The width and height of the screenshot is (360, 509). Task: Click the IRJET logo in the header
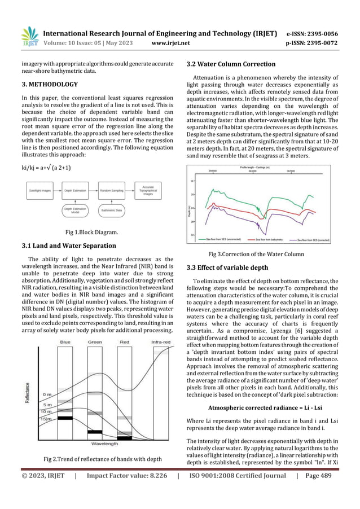(x=29, y=38)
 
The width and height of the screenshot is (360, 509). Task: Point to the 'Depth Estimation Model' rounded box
(x=75, y=211)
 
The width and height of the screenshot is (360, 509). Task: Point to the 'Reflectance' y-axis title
(x=28, y=392)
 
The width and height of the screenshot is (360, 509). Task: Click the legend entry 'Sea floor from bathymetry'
(x=270, y=240)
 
